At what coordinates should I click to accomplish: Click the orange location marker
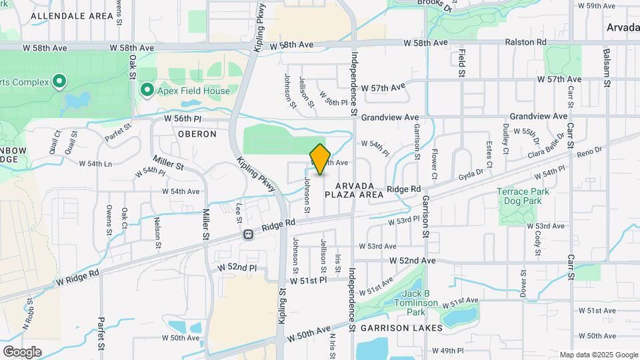320,159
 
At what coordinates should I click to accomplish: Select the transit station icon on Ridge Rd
248,235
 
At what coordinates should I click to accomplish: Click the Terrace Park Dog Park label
523,196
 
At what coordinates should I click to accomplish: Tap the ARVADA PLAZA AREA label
355,190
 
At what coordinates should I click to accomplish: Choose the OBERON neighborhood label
197,134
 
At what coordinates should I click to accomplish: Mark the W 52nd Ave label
412,260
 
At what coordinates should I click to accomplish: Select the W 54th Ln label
95,163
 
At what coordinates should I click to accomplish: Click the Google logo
22,351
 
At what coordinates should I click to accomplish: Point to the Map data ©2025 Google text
599,355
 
